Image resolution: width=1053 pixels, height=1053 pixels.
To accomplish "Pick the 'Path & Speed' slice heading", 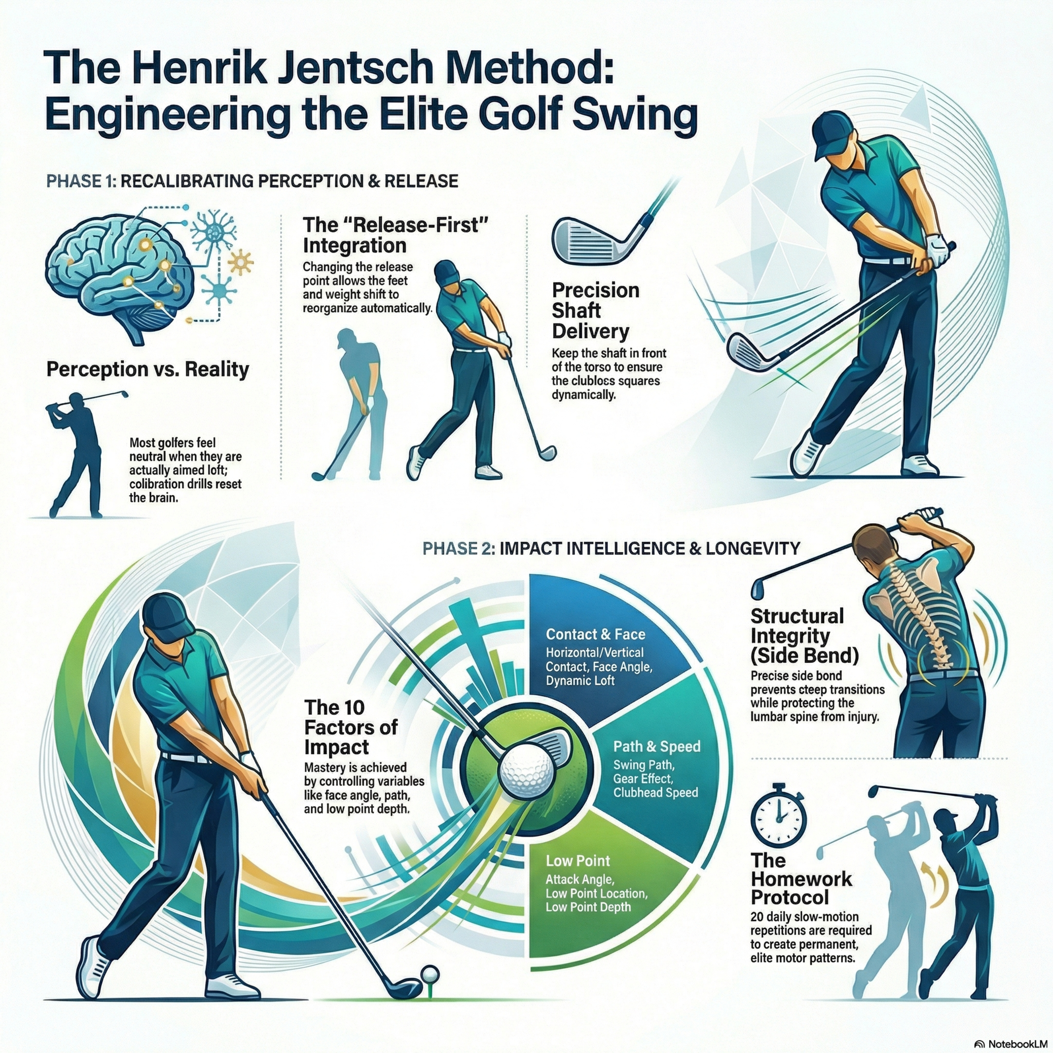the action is (657, 747).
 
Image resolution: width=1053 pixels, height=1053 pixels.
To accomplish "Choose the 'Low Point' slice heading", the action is (578, 861).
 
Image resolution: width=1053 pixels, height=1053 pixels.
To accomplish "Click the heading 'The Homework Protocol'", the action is (801, 878).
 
